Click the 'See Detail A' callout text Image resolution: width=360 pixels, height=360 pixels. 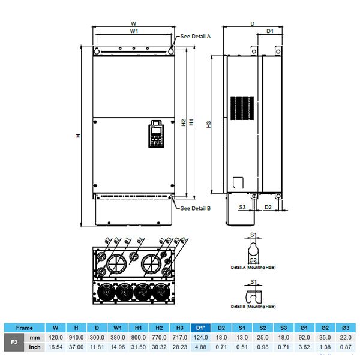click(196, 36)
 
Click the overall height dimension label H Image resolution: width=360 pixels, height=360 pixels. click(78, 136)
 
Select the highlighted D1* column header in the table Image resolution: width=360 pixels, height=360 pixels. click(199, 328)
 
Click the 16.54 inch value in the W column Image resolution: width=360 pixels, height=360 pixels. click(55, 347)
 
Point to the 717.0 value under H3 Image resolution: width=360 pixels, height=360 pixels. click(179, 338)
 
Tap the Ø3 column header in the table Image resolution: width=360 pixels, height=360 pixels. click(345, 328)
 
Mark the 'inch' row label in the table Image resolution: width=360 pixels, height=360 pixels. click(35, 347)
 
